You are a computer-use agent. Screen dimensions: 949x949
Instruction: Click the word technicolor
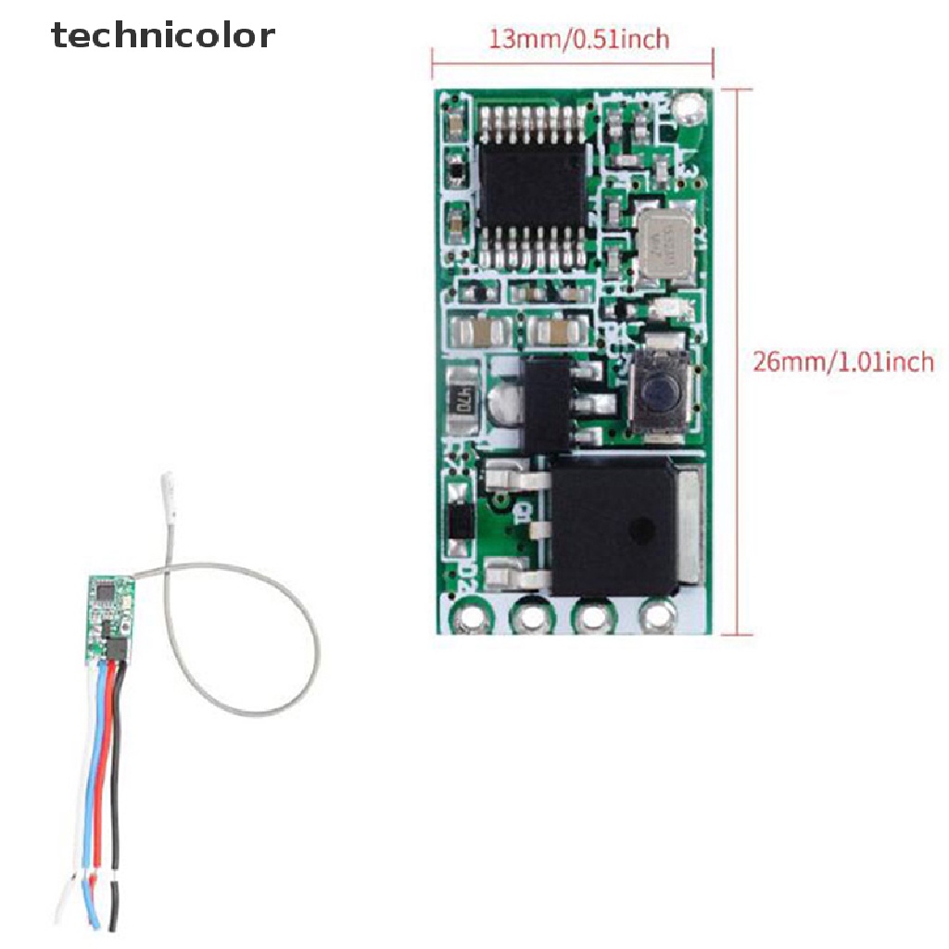click(x=163, y=35)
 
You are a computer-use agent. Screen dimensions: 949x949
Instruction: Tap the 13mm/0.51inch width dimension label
click(x=577, y=38)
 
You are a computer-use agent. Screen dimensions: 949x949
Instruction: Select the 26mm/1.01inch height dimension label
click(x=842, y=361)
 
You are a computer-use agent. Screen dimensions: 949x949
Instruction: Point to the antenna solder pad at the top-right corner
click(x=687, y=110)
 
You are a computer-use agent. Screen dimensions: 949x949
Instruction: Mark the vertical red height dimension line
click(x=739, y=361)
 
